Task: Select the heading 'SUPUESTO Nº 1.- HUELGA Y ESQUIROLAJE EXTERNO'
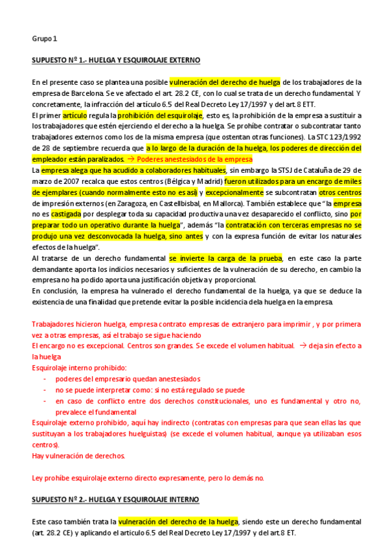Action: (x=116, y=60)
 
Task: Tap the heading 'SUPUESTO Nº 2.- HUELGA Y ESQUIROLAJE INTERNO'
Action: (x=115, y=500)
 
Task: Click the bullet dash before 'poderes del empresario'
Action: (x=44, y=379)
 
